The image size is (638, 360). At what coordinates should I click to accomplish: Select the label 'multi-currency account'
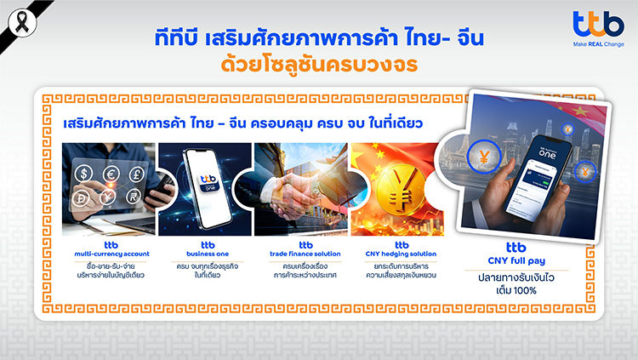pos(111,254)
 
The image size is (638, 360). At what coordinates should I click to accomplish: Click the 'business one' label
pos(208,254)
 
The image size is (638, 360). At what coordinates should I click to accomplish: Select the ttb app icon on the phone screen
pos(209,182)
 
